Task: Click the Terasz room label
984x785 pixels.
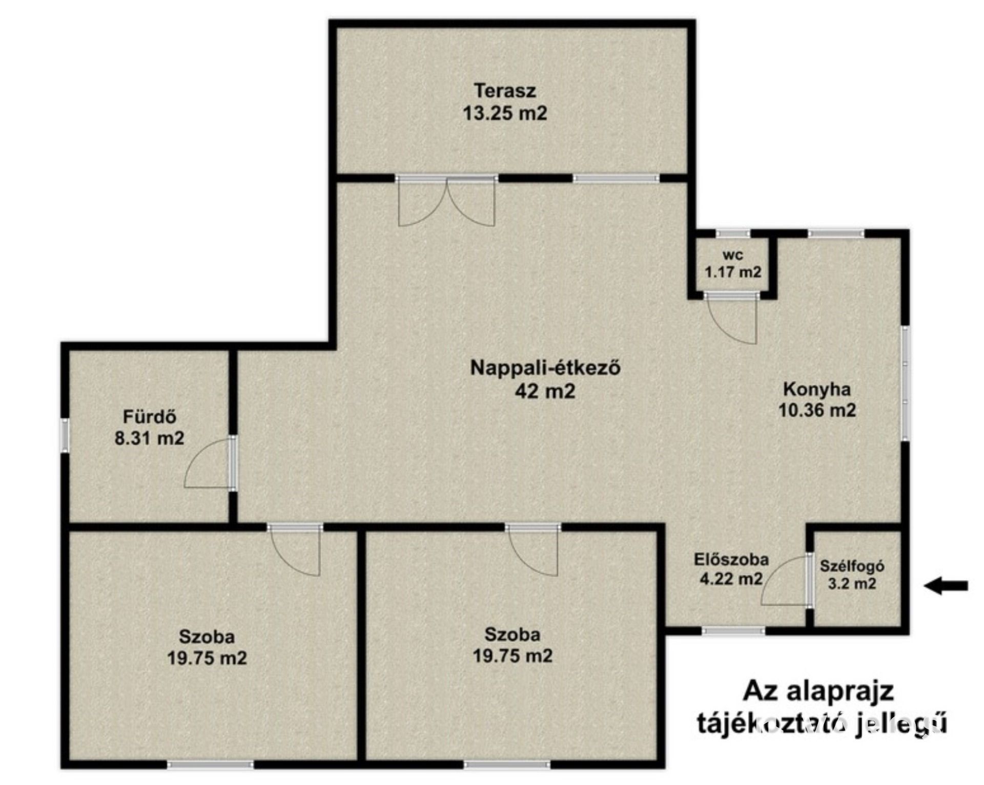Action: [505, 91]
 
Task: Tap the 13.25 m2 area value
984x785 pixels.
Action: [505, 113]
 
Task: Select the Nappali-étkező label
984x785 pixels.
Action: [545, 368]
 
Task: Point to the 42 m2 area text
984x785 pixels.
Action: [545, 391]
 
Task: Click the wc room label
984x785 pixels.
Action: [732, 254]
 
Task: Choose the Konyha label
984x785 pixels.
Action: [817, 389]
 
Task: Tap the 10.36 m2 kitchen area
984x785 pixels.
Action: [817, 410]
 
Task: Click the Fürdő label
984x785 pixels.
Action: [150, 417]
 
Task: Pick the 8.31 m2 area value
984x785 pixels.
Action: [150, 438]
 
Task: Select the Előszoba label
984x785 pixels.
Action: [731, 560]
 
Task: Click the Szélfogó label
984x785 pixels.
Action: [852, 566]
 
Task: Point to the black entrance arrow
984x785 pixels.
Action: [946, 585]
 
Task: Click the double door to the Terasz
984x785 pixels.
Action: [447, 202]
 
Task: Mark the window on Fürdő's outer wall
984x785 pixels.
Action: [65, 435]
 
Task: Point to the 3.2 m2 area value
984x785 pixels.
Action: [852, 584]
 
